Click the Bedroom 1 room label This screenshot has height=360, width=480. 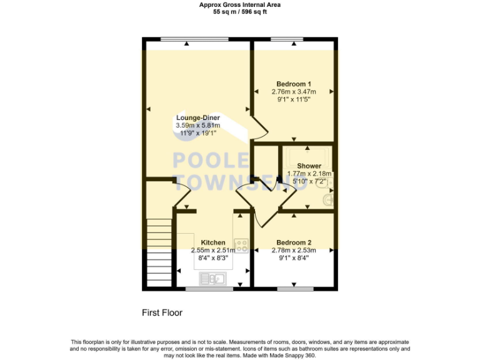pyautogui.click(x=294, y=84)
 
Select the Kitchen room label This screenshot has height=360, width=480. pyautogui.click(x=212, y=242)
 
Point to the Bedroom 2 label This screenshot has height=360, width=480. pyautogui.click(x=294, y=242)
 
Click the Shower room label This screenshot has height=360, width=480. pyautogui.click(x=309, y=166)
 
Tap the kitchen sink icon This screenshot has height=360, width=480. pyautogui.click(x=213, y=277)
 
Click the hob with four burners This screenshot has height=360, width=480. pyautogui.click(x=241, y=244)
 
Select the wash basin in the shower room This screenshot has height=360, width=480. pyautogui.click(x=328, y=200)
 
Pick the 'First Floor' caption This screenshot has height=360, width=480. pyautogui.click(x=162, y=312)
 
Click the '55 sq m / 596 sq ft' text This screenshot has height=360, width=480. pyautogui.click(x=240, y=11)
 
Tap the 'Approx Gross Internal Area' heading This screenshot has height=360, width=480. pyautogui.click(x=240, y=4)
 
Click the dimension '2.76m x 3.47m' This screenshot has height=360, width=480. pyautogui.click(x=294, y=91)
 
